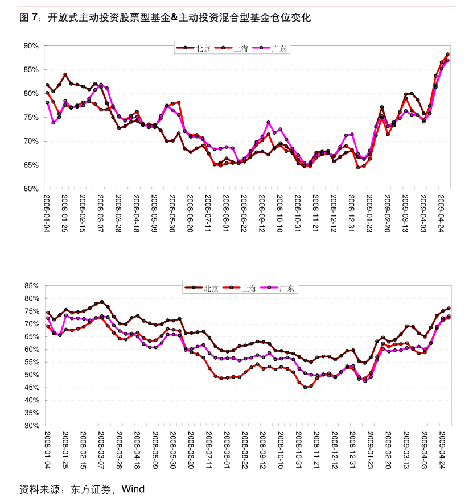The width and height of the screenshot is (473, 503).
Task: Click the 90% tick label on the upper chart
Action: click(x=31, y=45)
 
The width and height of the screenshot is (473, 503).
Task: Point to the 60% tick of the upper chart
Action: click(x=31, y=189)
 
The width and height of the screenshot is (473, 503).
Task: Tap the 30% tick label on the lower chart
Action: click(x=31, y=426)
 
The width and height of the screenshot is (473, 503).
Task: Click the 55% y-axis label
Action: click(x=31, y=362)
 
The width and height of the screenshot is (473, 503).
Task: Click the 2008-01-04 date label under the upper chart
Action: click(x=47, y=213)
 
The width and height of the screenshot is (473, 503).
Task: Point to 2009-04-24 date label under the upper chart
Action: click(x=442, y=213)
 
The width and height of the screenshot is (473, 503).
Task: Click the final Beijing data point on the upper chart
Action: click(x=447, y=55)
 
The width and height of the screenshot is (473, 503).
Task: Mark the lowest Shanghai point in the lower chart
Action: click(x=305, y=387)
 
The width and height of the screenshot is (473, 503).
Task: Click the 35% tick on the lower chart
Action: click(x=31, y=413)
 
